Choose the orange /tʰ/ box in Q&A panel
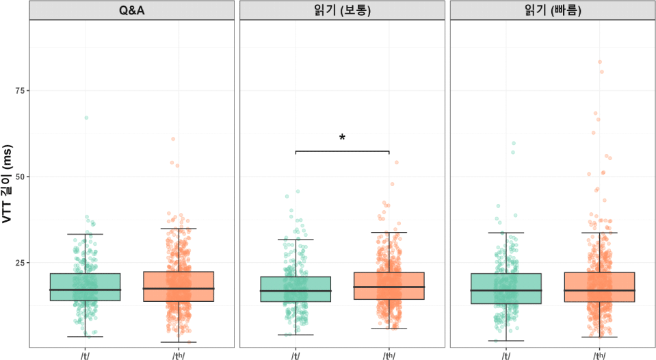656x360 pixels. click(x=179, y=286)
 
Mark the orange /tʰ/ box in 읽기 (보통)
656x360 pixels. click(x=389, y=285)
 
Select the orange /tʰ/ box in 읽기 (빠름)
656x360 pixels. click(x=599, y=287)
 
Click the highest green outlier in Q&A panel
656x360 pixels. click(x=86, y=118)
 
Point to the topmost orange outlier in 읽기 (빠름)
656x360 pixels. click(x=600, y=62)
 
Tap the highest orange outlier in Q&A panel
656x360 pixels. click(x=173, y=139)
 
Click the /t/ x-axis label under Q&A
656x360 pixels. click(x=86, y=355)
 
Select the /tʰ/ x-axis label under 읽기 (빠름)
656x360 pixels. click(x=599, y=355)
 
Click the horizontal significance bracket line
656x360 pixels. click(x=342, y=151)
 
